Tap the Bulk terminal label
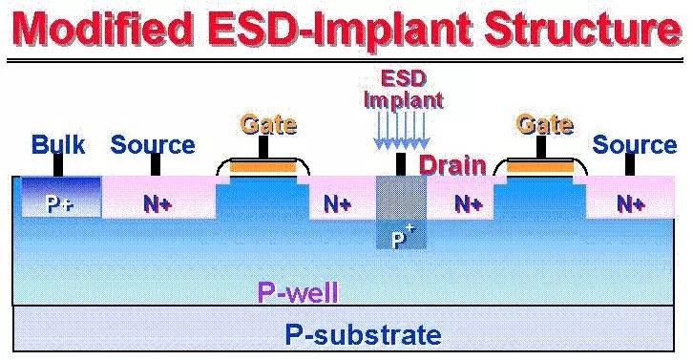point(58,145)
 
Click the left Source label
point(153,145)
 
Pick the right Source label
point(635,145)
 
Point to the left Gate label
point(268,124)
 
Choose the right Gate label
point(544,124)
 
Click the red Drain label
point(453,164)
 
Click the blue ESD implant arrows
point(402,129)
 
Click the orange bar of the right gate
point(539,169)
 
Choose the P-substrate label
point(363,335)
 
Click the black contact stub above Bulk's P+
point(58,165)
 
